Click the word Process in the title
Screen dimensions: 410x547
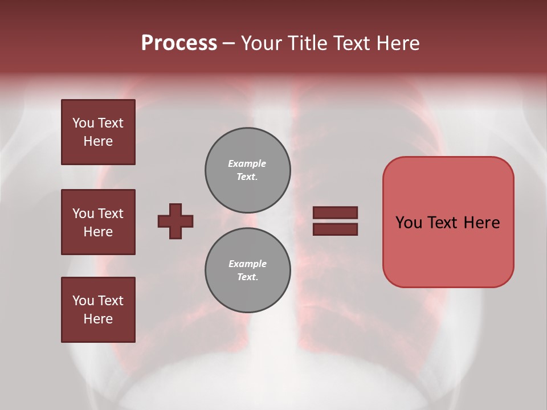(x=179, y=43)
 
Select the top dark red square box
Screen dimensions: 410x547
(x=98, y=132)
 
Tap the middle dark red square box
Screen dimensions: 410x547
(x=98, y=222)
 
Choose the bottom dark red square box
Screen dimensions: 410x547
(x=98, y=310)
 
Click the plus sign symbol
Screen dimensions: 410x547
(x=175, y=221)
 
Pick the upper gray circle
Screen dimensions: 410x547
(x=247, y=170)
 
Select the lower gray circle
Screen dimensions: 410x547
(x=247, y=270)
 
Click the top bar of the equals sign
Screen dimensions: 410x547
(x=335, y=212)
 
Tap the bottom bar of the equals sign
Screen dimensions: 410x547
(x=335, y=229)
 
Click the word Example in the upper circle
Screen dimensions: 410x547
(x=247, y=164)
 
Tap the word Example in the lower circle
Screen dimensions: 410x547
(x=247, y=264)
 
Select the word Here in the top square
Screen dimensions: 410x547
(x=98, y=141)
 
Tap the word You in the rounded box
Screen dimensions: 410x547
(x=409, y=223)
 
